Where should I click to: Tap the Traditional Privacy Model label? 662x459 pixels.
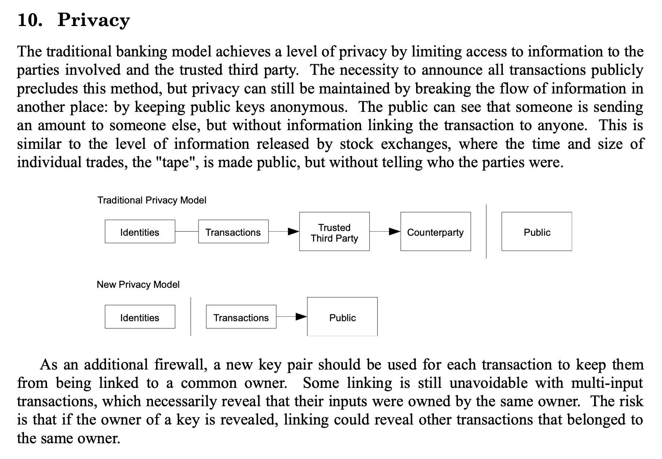point(152,200)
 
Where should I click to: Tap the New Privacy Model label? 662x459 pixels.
point(138,284)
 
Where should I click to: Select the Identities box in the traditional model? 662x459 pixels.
point(140,231)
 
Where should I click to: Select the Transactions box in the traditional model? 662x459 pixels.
point(233,231)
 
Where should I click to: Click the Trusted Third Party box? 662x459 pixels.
point(334,231)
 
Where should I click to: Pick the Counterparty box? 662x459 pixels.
point(436,231)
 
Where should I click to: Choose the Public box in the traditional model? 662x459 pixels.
point(537,231)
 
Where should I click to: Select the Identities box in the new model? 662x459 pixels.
point(140,317)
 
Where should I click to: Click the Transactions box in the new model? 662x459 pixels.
point(241,317)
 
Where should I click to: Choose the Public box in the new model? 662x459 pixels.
point(342,317)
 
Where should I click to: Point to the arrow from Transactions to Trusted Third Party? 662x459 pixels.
point(284,232)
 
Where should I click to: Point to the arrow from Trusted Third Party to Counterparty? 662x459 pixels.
point(385,232)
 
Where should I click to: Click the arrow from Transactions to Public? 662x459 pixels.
point(292,317)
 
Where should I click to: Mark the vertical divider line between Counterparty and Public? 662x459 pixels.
point(486,231)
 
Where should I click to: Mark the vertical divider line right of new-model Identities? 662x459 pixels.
point(191,317)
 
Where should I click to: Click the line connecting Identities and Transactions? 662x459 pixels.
point(187,232)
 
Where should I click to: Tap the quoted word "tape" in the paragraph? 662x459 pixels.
point(175,162)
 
